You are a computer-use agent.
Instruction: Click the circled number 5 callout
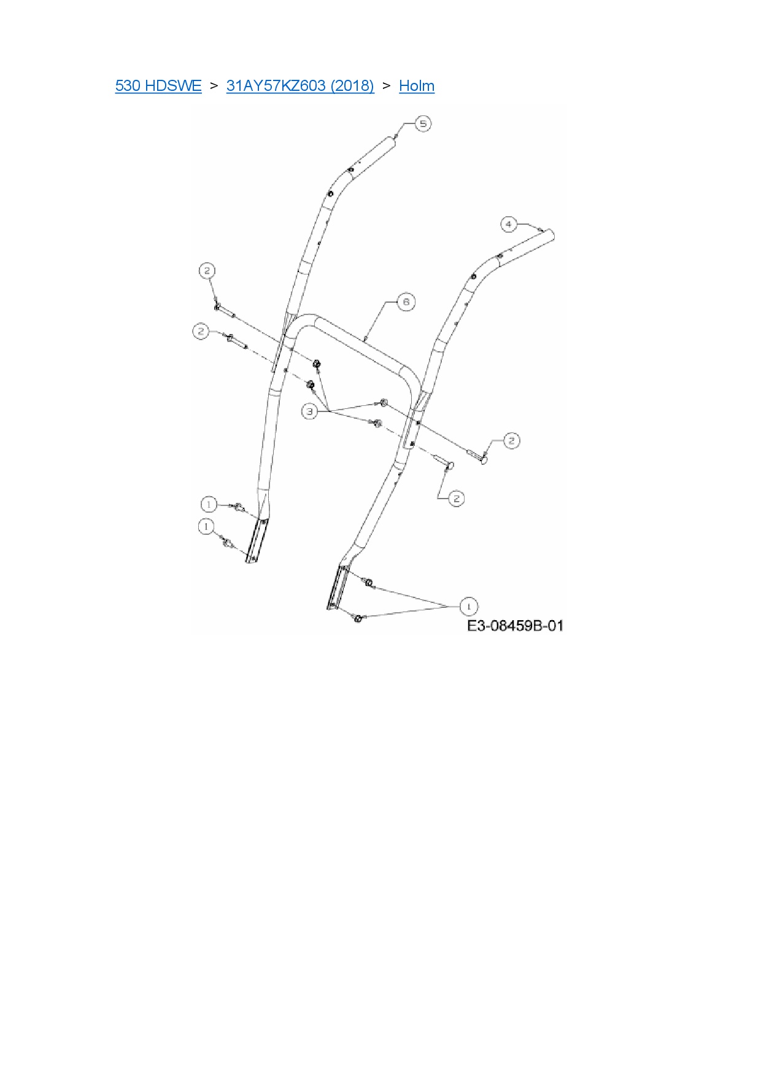coord(423,123)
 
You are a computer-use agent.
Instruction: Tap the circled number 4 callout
coord(508,224)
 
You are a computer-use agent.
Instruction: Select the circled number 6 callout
coord(406,301)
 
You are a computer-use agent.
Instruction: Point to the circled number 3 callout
coord(310,411)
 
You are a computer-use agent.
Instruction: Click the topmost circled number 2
coord(207,270)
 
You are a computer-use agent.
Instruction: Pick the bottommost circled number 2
coord(456,498)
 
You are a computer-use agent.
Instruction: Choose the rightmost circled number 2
coord(511,440)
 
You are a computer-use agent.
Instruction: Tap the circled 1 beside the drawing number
coord(468,607)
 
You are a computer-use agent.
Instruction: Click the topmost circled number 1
coord(209,505)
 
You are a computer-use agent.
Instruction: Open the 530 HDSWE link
coord(158,85)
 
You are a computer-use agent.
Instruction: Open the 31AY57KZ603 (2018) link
coord(300,85)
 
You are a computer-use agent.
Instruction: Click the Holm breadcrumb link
coord(417,85)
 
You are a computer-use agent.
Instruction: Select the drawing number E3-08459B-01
coord(515,626)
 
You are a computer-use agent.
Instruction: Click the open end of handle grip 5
coord(393,139)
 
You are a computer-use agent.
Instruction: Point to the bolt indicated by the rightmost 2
coord(483,456)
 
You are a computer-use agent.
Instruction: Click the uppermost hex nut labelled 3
coord(317,365)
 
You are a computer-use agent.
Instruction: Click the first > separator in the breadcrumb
coord(214,85)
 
